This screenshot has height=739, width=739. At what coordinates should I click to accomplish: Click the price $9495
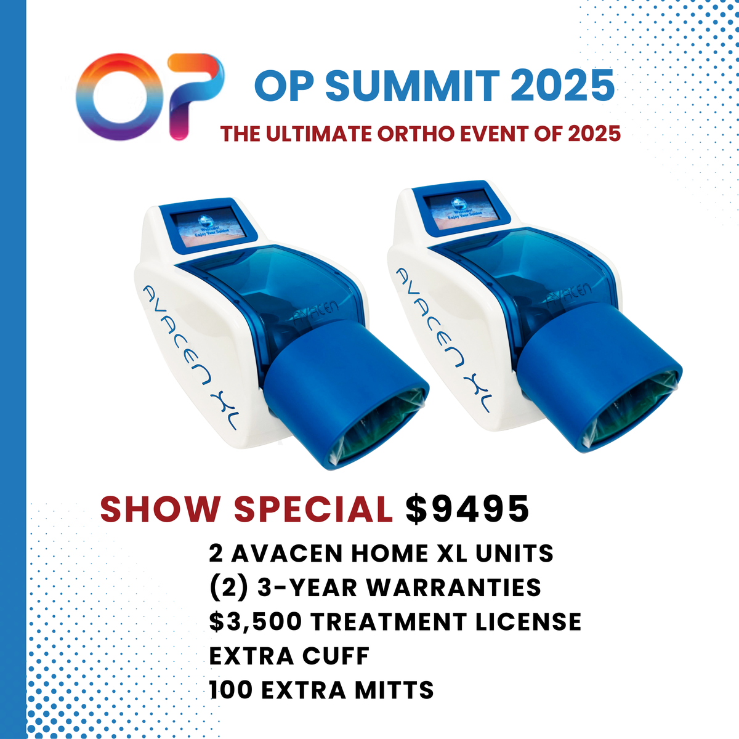click(x=467, y=509)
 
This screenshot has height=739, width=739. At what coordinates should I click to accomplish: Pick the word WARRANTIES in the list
click(x=454, y=588)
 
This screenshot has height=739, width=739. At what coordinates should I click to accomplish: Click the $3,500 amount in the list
click(x=255, y=621)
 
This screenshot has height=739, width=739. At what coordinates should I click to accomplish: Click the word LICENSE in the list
click(x=528, y=621)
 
